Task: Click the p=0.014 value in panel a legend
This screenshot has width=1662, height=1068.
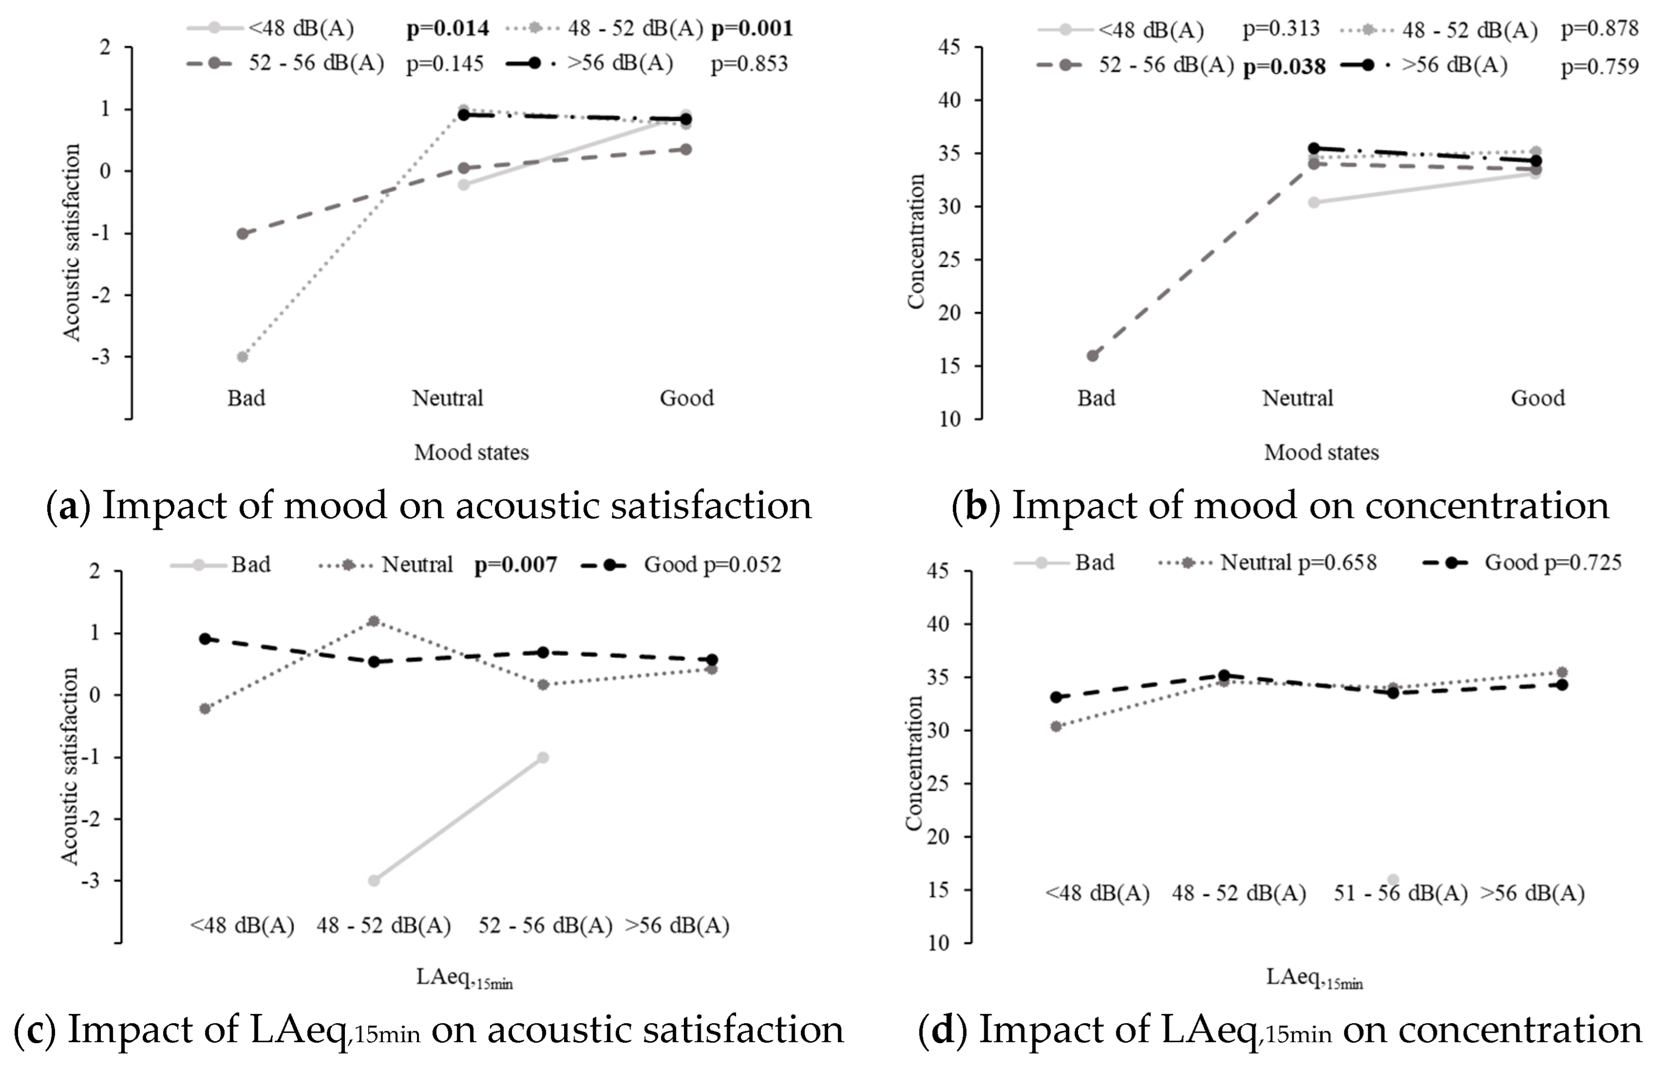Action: (x=447, y=28)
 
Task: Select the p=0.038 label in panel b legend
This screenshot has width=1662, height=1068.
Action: (x=1283, y=67)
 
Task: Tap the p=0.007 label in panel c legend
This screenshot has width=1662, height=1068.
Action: (x=515, y=565)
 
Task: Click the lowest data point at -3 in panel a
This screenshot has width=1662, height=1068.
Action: (x=243, y=356)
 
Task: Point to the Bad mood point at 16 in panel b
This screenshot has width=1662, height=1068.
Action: (x=1093, y=356)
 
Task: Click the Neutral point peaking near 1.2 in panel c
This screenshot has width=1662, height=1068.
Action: (x=374, y=621)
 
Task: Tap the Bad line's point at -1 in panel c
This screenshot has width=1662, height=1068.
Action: (x=543, y=757)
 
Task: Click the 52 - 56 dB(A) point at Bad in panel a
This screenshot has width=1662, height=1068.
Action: (x=243, y=234)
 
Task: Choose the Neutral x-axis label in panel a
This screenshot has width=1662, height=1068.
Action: (x=447, y=398)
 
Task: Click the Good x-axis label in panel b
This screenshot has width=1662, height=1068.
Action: (x=1537, y=398)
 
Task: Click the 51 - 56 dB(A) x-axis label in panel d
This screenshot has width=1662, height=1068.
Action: (x=1400, y=893)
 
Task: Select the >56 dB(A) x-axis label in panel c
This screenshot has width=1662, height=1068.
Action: (x=677, y=925)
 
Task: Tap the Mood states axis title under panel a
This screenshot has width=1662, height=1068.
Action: (x=472, y=452)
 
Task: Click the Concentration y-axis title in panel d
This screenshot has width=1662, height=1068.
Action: (x=914, y=762)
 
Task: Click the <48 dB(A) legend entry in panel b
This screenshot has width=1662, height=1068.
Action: (x=1120, y=30)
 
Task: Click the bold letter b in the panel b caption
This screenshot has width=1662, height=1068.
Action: (x=976, y=505)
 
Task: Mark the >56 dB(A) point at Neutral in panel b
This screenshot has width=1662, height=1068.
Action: (x=1313, y=149)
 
